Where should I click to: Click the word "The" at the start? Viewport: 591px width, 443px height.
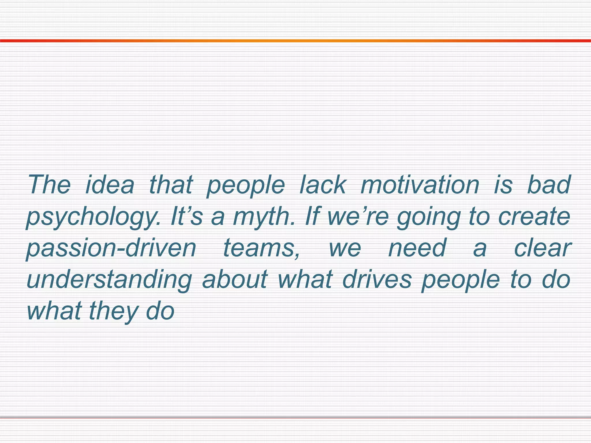(x=49, y=185)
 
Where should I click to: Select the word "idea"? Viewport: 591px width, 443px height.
(x=110, y=185)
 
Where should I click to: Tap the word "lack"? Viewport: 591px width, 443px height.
(x=323, y=185)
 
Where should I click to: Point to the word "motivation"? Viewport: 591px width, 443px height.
(x=420, y=185)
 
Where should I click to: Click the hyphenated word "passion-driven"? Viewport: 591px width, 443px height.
(x=111, y=248)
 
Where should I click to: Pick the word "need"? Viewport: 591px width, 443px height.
(x=417, y=248)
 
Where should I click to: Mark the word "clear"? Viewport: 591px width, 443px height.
(x=543, y=248)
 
